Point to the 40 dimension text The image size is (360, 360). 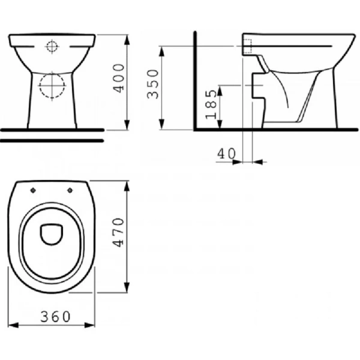pos(226,154)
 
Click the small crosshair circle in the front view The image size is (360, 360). pos(52,47)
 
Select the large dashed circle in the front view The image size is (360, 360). pos(52,86)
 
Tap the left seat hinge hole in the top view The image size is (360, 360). pos(32,191)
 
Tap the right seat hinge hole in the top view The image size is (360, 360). pos(73,191)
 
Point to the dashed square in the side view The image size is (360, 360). pos(247,46)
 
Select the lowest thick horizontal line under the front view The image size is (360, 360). pos(52,140)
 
